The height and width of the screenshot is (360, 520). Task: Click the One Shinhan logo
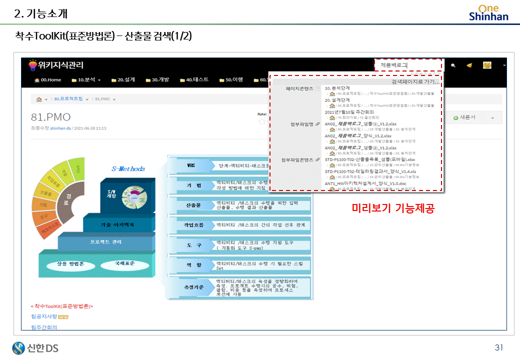coord(488,12)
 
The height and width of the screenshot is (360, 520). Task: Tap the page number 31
coord(498,347)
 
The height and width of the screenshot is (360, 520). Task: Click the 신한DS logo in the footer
coord(35,347)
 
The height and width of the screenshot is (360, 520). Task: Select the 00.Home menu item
coord(47,80)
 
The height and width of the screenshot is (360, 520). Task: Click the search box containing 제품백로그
coord(408,65)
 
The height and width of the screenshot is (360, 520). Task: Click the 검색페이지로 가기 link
coord(415,81)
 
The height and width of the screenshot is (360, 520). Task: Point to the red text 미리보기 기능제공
coord(392,208)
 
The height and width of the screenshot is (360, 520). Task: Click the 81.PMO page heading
coord(50,117)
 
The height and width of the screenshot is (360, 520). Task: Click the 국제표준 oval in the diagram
coord(124,263)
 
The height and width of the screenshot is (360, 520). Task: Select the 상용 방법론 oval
coord(70,263)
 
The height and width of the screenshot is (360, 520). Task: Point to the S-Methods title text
coord(128,168)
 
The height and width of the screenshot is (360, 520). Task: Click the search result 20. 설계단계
coord(337,100)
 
